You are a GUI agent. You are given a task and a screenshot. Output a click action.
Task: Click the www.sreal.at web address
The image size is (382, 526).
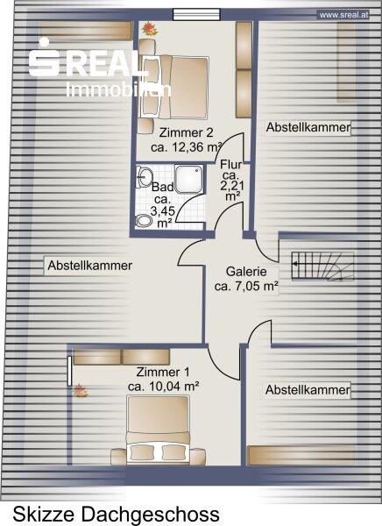tap(343, 15)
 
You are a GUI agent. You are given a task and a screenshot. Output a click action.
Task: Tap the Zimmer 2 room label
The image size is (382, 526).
tap(186, 133)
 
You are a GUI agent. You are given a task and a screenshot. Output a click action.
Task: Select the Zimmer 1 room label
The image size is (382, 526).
tap(163, 372)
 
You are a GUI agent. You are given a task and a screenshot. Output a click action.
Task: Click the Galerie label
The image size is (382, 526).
tap(246, 272)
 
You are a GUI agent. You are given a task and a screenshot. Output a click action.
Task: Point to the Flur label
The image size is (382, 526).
tap(230, 165)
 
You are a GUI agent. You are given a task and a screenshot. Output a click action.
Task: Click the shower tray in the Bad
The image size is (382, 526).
tap(189, 179)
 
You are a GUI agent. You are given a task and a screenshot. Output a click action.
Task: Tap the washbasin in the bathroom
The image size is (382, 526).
tap(145, 176)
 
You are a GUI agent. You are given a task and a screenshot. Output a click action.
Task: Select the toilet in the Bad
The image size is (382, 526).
tap(145, 221)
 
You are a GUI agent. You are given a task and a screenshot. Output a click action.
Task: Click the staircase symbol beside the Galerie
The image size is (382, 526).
tap(322, 266)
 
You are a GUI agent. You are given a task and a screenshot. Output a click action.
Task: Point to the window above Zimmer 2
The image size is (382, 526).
tap(196, 15)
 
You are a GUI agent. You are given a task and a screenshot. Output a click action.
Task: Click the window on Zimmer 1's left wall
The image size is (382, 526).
tap(69, 371)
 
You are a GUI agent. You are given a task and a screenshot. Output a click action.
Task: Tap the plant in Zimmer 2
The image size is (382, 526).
tap(150, 29)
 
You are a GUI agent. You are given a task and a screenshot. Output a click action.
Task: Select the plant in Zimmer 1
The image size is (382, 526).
tap(80, 391)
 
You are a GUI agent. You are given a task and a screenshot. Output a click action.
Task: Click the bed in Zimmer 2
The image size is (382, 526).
tap(175, 88)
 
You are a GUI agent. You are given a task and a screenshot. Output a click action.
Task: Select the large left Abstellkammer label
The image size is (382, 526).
tap(89, 266)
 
